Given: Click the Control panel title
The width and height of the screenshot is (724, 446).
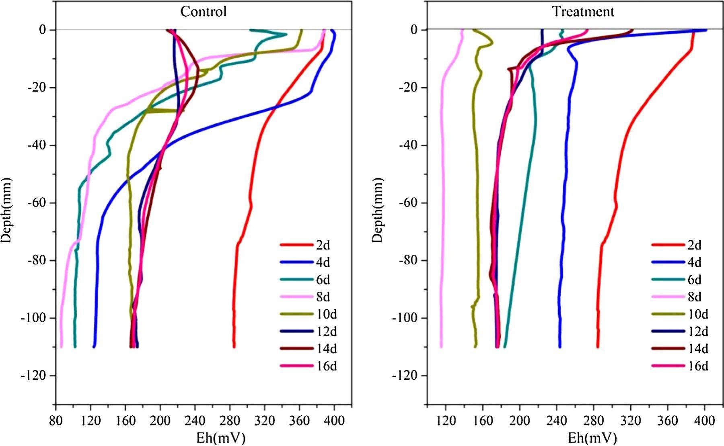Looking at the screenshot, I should (203, 12).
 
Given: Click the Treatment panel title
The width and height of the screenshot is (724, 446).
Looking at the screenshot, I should (583, 12).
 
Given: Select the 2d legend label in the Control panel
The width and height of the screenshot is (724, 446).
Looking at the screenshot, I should (323, 245).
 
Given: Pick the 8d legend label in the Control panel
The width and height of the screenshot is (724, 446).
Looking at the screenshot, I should (323, 297).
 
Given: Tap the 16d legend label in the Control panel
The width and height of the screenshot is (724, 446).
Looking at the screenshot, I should (326, 366).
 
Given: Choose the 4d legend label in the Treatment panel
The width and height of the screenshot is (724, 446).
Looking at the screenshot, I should (694, 262).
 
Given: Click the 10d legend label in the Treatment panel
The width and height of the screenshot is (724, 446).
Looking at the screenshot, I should (697, 314).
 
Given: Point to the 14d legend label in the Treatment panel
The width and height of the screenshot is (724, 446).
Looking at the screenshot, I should (697, 349).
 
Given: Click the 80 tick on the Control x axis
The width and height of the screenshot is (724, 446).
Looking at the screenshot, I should (56, 421).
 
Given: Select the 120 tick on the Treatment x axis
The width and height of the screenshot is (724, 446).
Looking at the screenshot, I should (446, 421).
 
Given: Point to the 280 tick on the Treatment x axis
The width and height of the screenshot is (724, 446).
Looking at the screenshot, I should (594, 421).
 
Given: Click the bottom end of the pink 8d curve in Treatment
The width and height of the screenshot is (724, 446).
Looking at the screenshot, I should (441, 346).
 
